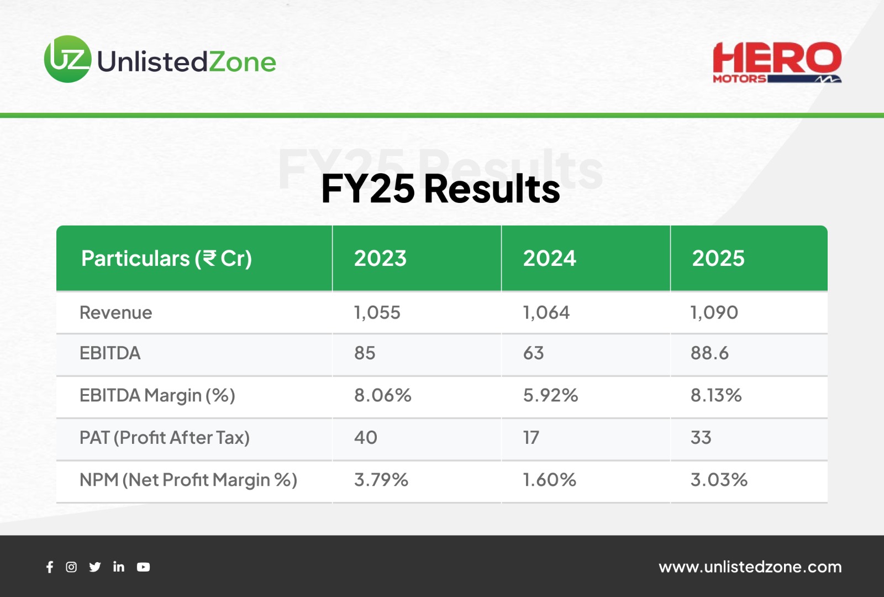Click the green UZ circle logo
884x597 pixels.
68,59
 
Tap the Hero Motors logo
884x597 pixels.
777,62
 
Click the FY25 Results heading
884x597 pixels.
440,188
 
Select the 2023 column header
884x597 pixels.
380,258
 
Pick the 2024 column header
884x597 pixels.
549,258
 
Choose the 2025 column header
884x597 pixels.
718,258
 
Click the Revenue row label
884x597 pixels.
115,313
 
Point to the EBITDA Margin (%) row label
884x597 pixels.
157,395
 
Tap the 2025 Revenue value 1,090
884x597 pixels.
714,313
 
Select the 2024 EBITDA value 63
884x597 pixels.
533,353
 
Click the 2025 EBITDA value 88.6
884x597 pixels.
709,353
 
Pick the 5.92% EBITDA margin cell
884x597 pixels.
550,395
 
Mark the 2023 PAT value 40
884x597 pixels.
365,437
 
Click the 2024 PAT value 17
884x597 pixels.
531,437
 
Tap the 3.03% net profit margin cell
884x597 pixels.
719,480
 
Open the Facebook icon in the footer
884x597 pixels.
50,567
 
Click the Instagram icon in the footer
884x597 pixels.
71,567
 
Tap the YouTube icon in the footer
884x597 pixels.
143,567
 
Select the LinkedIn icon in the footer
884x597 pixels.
119,567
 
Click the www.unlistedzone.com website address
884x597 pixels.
750,567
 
